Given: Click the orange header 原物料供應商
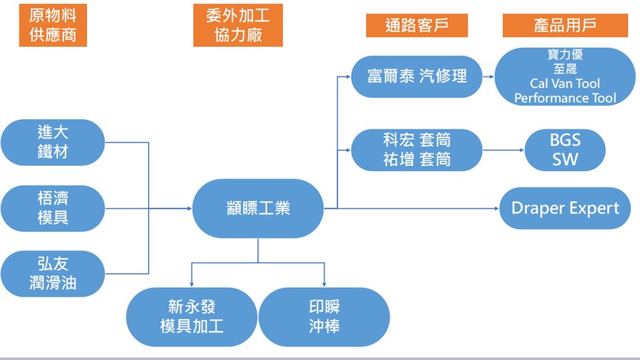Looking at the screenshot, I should click(x=53, y=25).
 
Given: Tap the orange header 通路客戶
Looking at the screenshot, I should click(x=417, y=25).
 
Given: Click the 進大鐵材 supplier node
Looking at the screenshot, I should click(x=53, y=142).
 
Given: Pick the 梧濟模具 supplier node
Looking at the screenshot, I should click(x=53, y=208).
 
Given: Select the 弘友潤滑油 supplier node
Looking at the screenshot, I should click(x=53, y=273).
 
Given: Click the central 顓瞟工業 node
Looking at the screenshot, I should click(x=258, y=208).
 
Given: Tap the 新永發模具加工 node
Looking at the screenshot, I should click(x=192, y=316).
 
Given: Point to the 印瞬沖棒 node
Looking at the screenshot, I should click(x=324, y=316).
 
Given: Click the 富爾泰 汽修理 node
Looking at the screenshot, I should click(x=417, y=76).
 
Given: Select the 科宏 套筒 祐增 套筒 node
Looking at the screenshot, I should click(x=417, y=150).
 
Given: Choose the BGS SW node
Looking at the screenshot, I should click(x=566, y=150).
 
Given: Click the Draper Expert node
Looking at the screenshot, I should click(x=565, y=208).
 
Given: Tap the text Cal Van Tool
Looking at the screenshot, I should click(x=565, y=84).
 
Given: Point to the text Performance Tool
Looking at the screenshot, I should click(x=565, y=98).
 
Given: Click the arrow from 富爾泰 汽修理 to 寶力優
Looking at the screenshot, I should click(x=488, y=76).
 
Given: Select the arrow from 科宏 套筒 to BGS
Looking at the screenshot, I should click(x=505, y=150).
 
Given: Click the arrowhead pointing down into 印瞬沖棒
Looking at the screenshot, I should click(x=324, y=283).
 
